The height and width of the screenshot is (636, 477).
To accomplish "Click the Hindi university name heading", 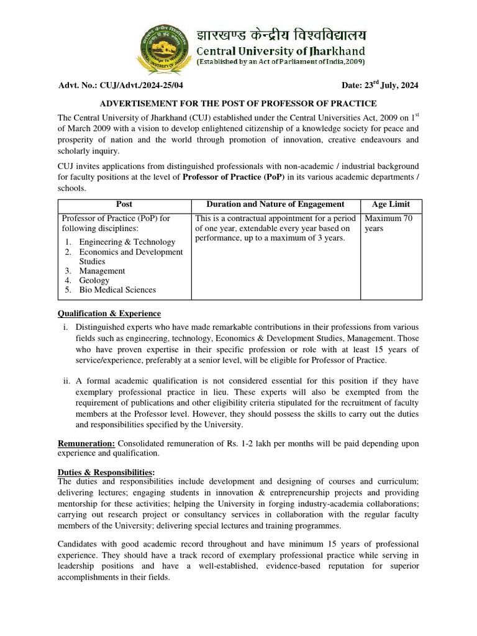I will (x=281, y=34).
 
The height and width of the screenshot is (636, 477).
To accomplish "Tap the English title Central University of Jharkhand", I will (x=281, y=50).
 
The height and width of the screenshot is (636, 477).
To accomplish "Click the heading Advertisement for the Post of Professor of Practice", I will (x=238, y=103).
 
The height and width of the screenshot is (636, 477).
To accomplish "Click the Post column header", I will (x=124, y=204).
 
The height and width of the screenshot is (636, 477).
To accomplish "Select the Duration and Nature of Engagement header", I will (x=275, y=204).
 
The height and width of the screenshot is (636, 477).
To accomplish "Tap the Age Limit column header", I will (x=391, y=204).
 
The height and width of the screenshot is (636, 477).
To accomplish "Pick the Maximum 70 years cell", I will (x=388, y=224).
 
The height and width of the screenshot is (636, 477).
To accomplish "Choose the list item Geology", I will (x=94, y=280).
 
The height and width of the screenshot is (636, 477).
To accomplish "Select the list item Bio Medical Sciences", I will (x=117, y=290).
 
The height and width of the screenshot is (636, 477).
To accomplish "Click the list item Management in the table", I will (x=102, y=271).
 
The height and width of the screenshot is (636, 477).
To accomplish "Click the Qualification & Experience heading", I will (x=109, y=313).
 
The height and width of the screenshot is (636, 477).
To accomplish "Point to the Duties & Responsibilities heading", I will (x=106, y=472).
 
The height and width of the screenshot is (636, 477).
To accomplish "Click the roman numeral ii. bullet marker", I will (x=66, y=381).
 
